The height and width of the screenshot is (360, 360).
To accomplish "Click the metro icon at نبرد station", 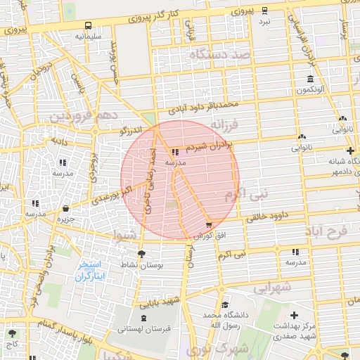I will [264, 11].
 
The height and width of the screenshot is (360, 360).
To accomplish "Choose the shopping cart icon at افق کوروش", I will [209, 225].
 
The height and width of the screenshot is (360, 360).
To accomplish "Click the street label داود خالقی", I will [270, 217].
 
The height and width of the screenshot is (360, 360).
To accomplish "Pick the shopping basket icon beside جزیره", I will [65, 208].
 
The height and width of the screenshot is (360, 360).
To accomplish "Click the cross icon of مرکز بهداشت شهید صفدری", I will [294, 316].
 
